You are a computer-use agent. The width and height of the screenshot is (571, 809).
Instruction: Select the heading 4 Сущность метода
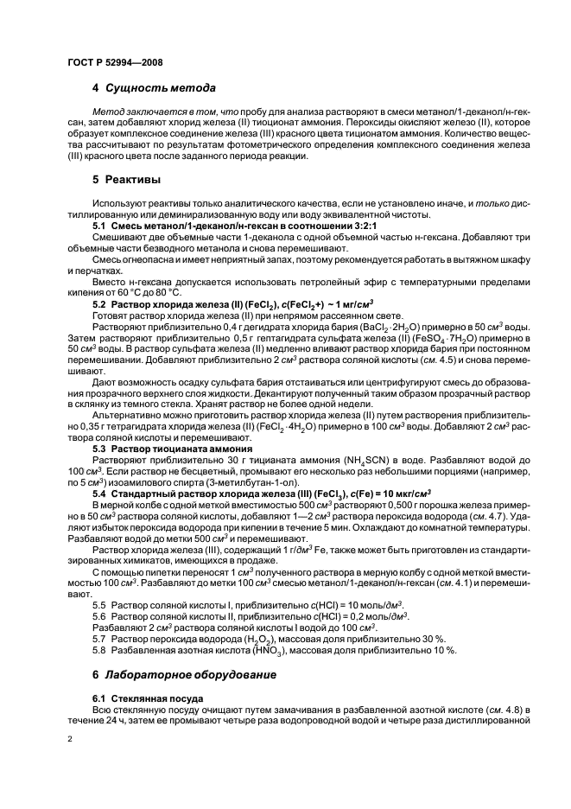(x=154, y=88)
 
